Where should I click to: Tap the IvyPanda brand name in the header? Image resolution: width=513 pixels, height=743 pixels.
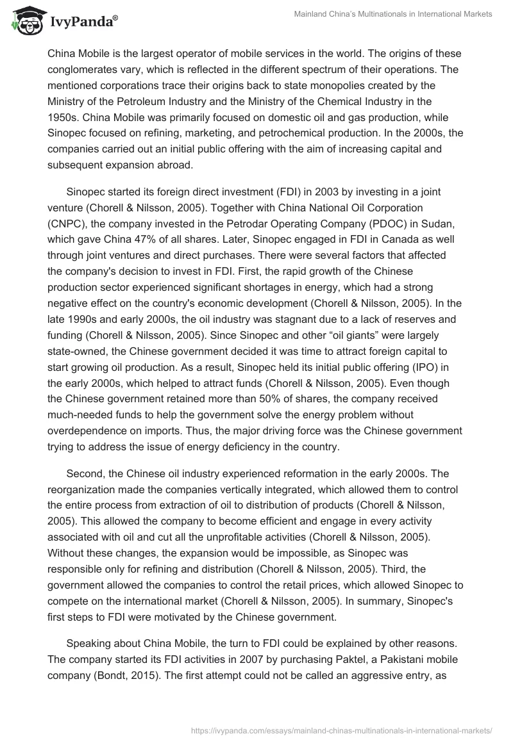84,22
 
